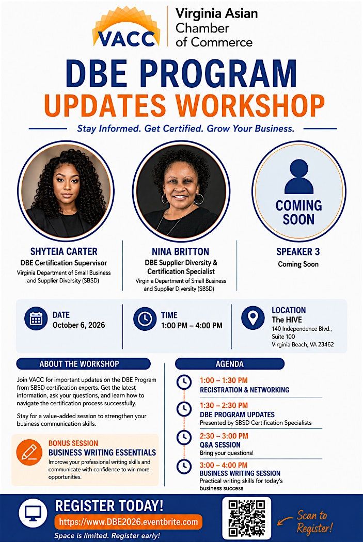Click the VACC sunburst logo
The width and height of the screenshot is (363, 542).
(126, 27)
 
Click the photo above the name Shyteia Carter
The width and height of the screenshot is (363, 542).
(66, 190)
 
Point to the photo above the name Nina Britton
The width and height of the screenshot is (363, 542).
(181, 190)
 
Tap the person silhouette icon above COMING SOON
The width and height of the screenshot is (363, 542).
(298, 177)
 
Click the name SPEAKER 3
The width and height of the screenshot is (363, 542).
(298, 252)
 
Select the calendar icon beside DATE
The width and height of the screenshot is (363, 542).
(36, 318)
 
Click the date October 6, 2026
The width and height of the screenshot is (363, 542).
(79, 325)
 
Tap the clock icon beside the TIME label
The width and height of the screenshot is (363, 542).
(145, 318)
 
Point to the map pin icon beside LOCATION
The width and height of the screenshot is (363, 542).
(252, 317)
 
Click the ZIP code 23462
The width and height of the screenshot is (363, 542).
(326, 344)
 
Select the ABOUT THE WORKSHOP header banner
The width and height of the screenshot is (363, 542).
(83, 364)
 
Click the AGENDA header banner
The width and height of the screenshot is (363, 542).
(230, 364)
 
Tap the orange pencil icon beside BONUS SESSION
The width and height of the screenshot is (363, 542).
(29, 452)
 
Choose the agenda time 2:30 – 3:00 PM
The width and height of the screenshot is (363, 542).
(224, 436)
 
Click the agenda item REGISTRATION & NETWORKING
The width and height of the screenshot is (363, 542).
(244, 390)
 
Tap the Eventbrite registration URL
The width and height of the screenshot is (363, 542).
(129, 522)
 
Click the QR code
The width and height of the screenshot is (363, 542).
(247, 518)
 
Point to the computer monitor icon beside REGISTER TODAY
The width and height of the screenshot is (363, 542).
(33, 514)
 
